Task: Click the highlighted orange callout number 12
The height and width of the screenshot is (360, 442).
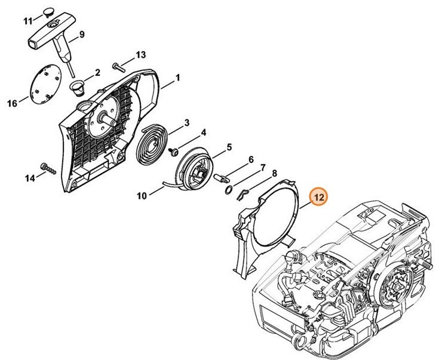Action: pyautogui.click(x=318, y=197)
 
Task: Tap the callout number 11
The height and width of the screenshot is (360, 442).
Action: pyautogui.click(x=27, y=21)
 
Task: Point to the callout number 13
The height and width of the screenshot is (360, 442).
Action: pyautogui.click(x=140, y=55)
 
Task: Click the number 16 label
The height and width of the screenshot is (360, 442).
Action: pyautogui.click(x=13, y=103)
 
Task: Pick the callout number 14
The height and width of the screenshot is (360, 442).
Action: pyautogui.click(x=30, y=178)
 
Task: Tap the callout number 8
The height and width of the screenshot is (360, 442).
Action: pyautogui.click(x=274, y=174)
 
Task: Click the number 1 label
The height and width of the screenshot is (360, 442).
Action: pyautogui.click(x=177, y=78)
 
